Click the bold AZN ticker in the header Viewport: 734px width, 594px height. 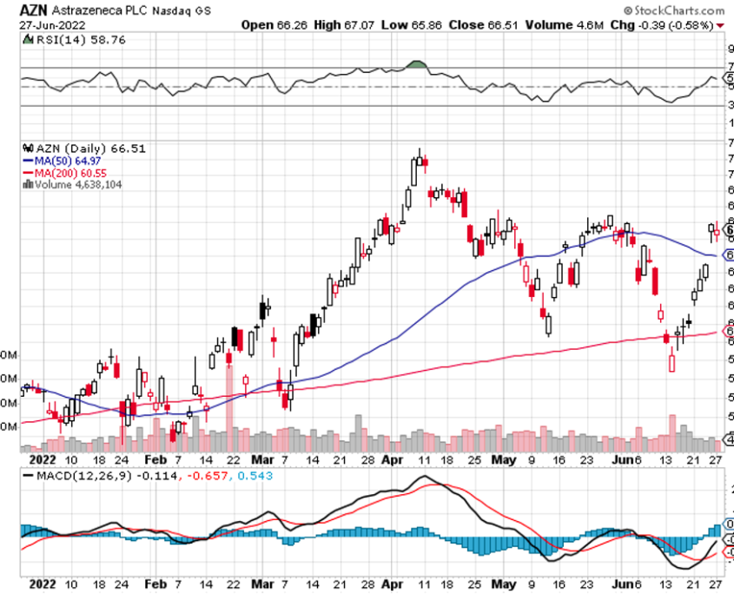pyautogui.click(x=34, y=10)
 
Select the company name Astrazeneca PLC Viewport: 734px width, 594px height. pyautogui.click(x=98, y=10)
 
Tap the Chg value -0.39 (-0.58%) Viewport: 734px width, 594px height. pyautogui.click(x=676, y=25)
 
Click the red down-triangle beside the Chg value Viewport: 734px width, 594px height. pyautogui.click(x=720, y=26)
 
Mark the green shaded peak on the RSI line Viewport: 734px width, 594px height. pyautogui.click(x=418, y=64)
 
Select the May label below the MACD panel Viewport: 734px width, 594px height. pyautogui.click(x=503, y=584)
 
